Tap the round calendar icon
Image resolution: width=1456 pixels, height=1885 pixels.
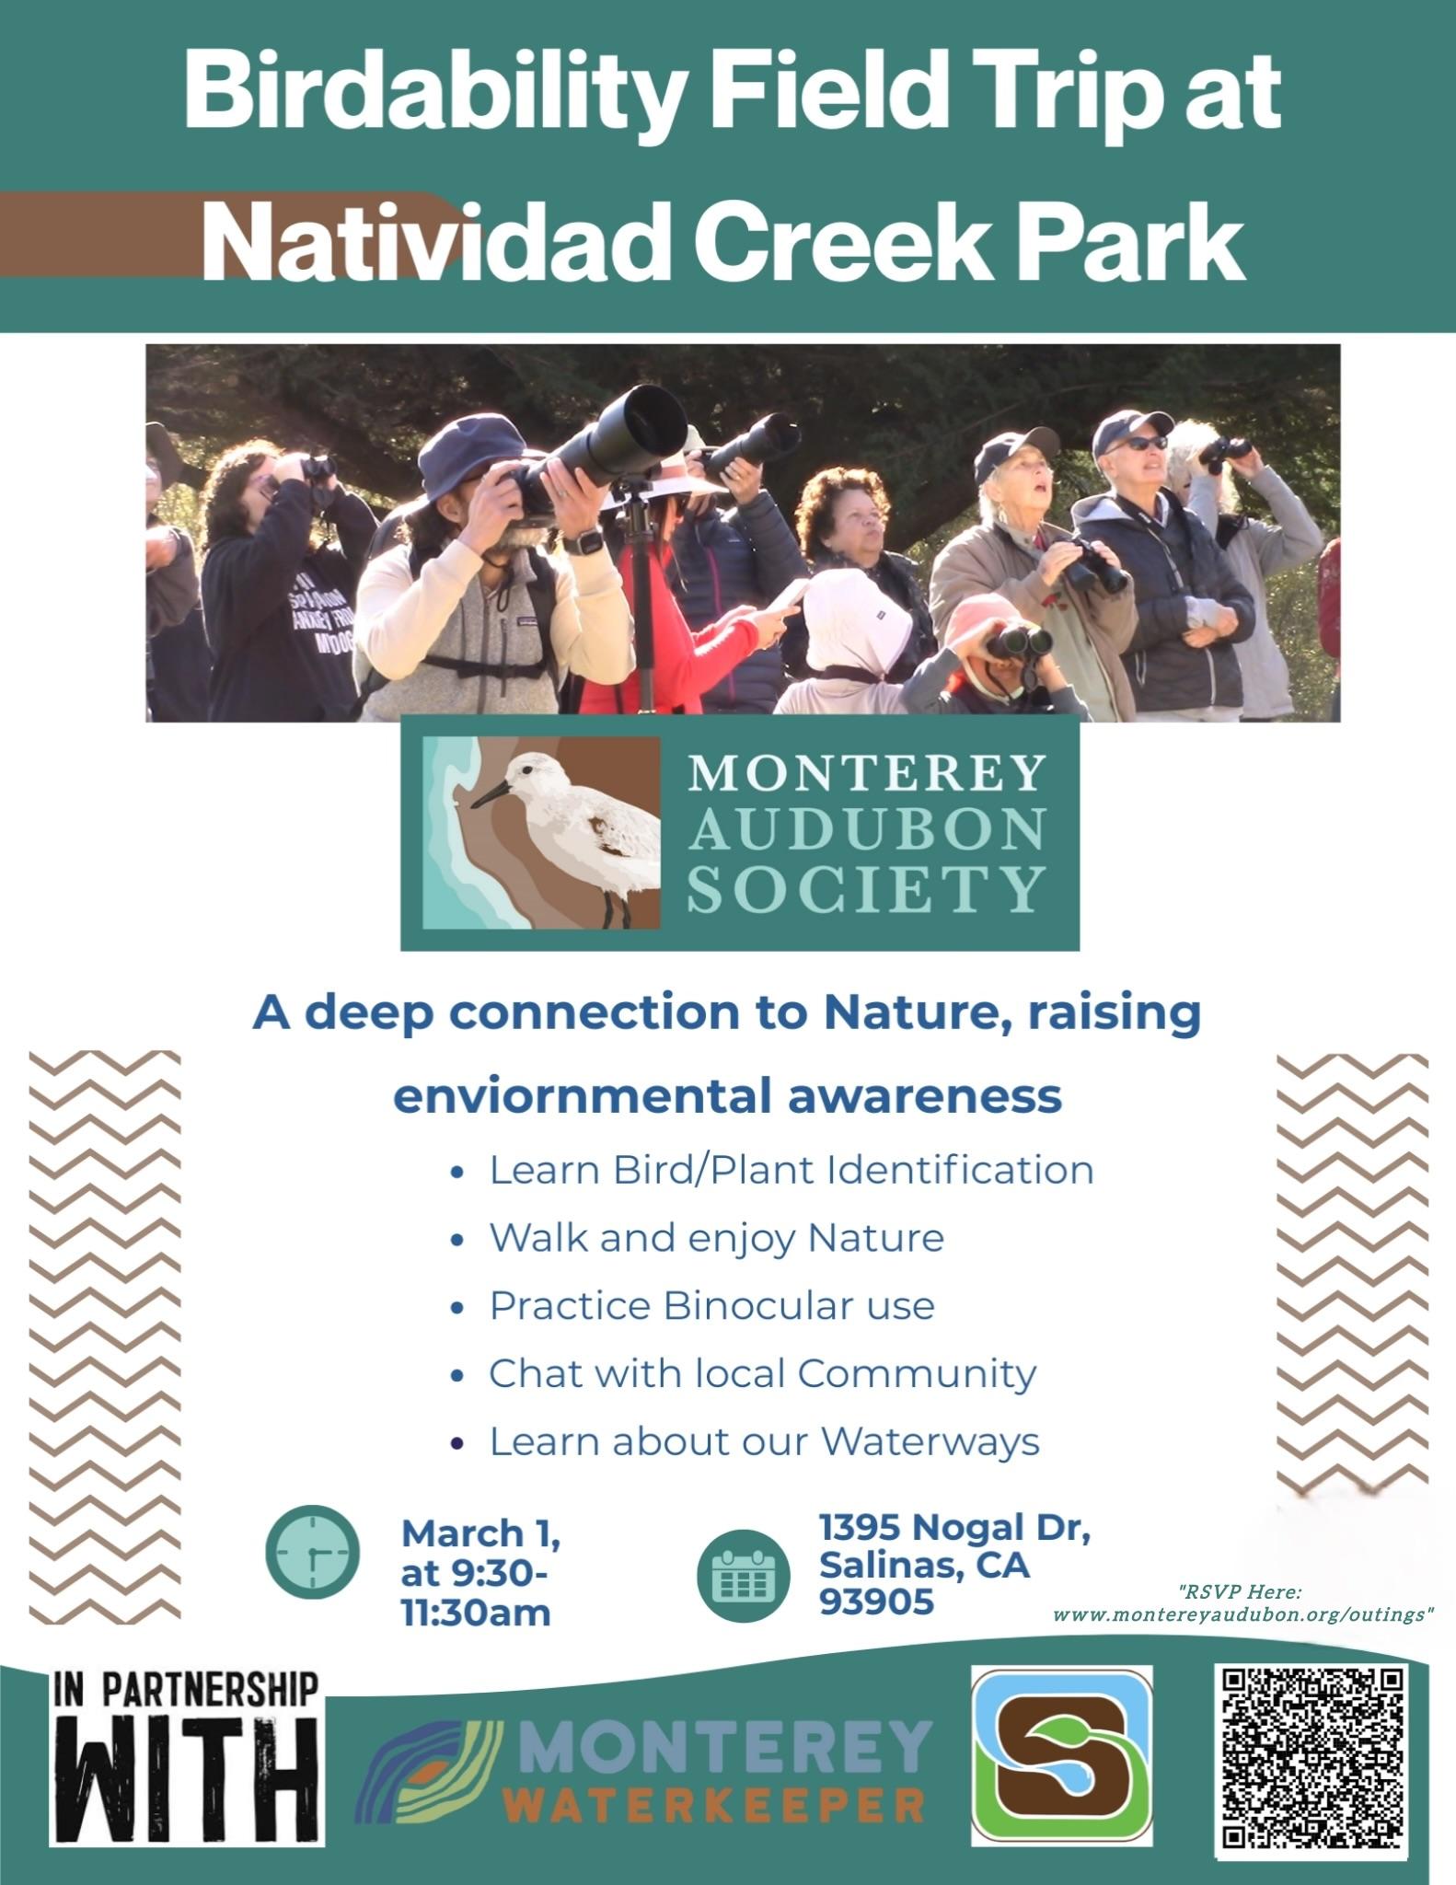[x=744, y=1575]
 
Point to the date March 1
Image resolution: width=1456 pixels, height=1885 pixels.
[x=480, y=1533]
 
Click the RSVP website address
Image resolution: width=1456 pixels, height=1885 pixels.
[x=1242, y=1615]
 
